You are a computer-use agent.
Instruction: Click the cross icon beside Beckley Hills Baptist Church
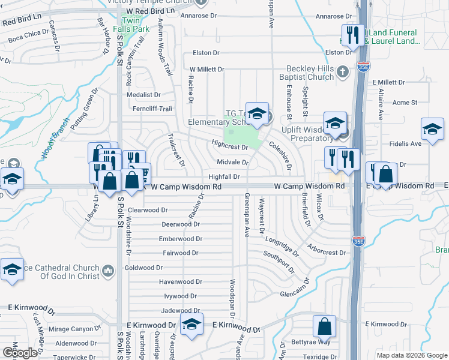(x=343, y=71)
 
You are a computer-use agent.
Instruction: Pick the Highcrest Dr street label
(x=230, y=146)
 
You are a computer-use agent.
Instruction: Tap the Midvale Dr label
(x=233, y=162)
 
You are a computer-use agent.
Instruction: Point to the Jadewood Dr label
(x=180, y=310)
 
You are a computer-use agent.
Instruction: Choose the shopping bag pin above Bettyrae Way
(x=324, y=327)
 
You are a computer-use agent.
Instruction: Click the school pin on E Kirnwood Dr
(x=191, y=325)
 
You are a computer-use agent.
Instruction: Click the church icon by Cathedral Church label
(x=108, y=271)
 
